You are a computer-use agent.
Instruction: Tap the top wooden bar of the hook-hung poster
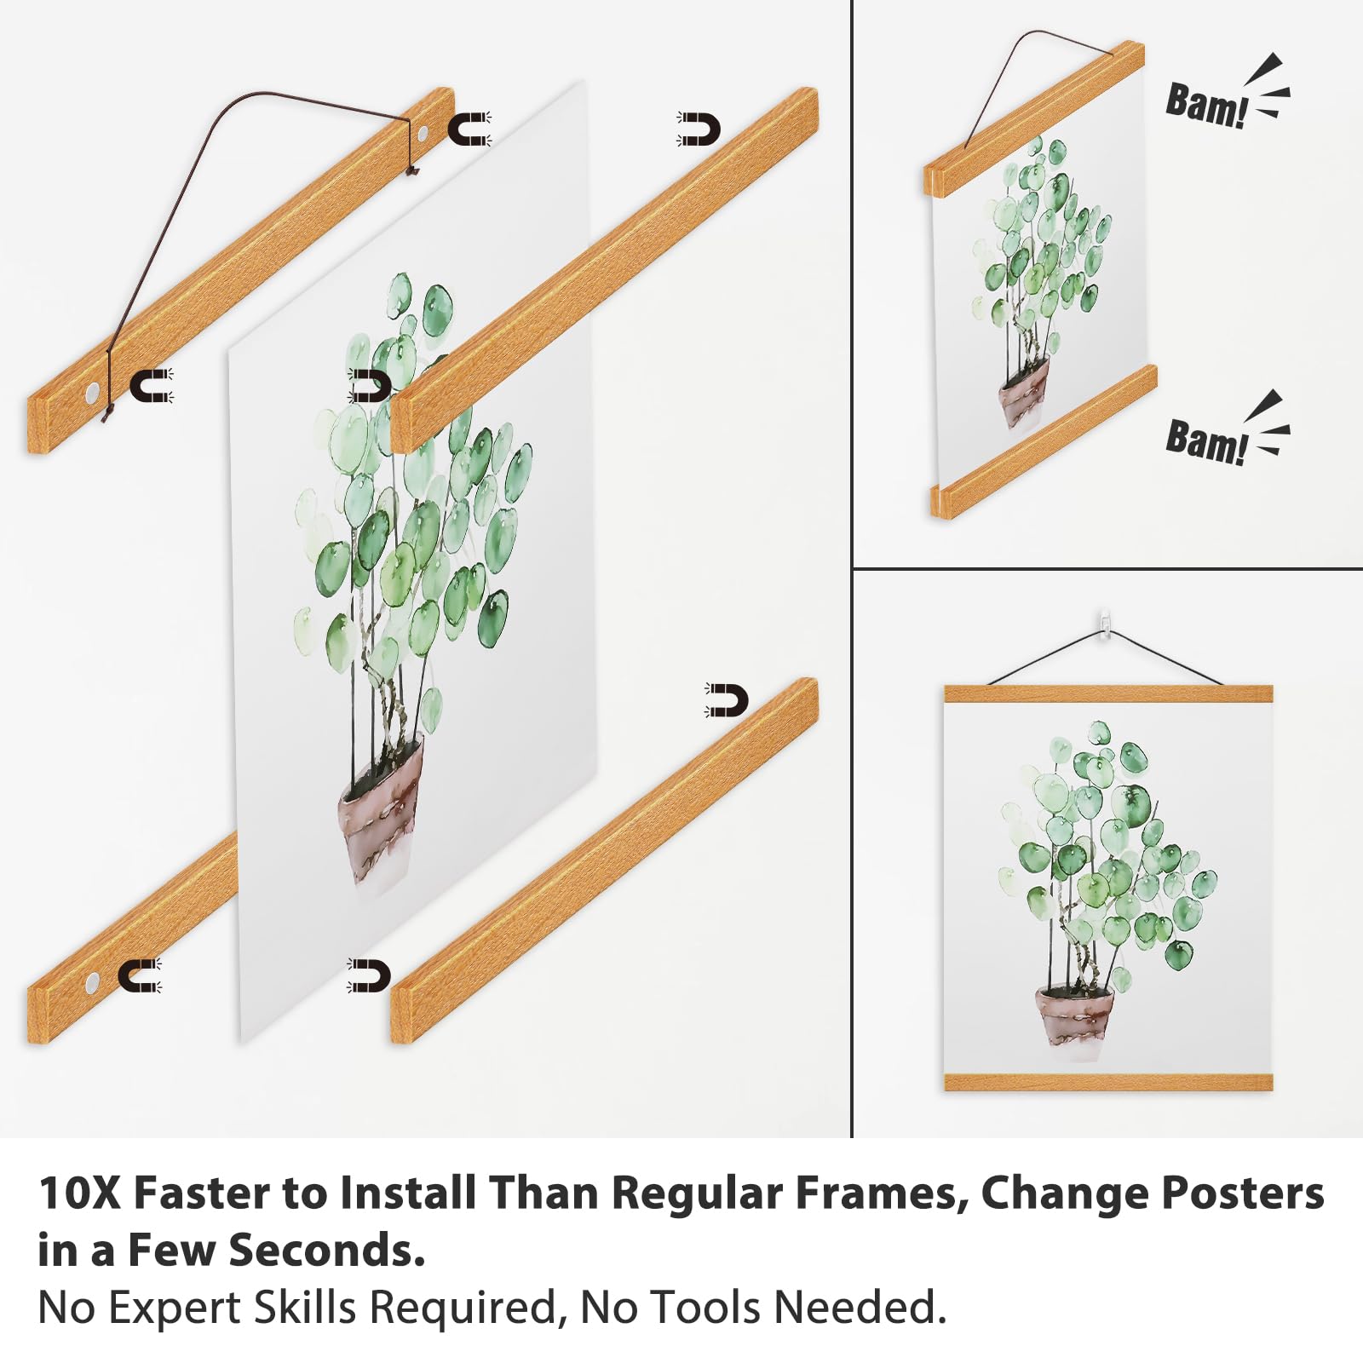click(x=1108, y=693)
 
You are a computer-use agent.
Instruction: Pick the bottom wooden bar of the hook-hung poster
click(x=1108, y=1082)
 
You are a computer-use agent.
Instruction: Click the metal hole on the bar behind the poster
click(x=92, y=986)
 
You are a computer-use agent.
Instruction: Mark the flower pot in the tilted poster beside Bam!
click(x=1023, y=393)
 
